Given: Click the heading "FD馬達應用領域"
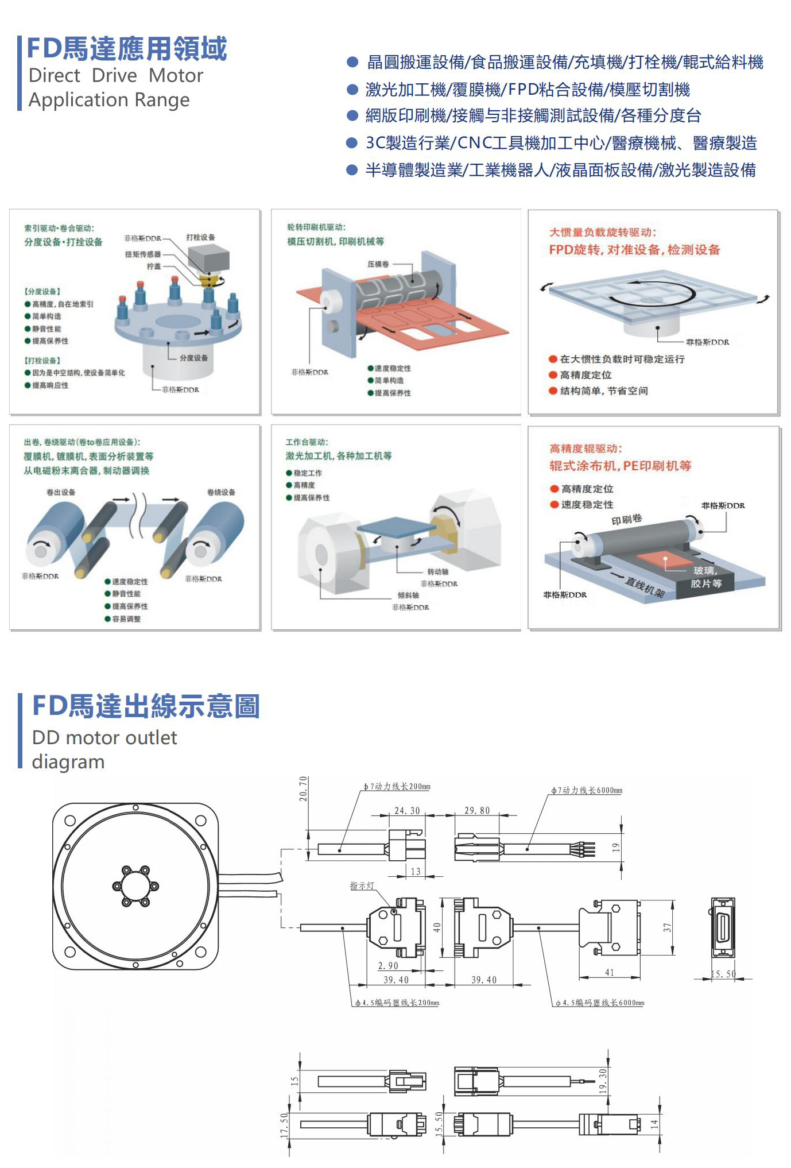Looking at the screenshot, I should click(x=127, y=48).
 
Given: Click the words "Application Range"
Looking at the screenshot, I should click(x=109, y=100).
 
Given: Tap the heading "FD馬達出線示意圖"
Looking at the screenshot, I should click(x=146, y=706).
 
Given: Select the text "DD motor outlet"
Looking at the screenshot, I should click(x=104, y=737).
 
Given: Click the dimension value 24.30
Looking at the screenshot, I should click(x=407, y=810).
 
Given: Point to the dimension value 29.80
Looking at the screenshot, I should click(x=477, y=810).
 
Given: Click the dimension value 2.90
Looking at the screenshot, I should click(x=388, y=965).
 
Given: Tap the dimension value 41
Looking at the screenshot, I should click(x=610, y=972).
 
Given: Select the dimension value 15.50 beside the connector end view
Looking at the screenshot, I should click(x=723, y=974).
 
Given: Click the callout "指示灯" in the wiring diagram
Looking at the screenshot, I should click(x=362, y=886).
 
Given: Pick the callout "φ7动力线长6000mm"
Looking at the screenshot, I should click(x=586, y=790).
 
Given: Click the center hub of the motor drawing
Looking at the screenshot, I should click(x=135, y=885).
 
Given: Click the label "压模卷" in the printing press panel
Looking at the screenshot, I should click(x=378, y=264).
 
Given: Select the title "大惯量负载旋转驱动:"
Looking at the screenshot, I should click(x=603, y=232).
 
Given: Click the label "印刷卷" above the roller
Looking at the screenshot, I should click(x=626, y=519).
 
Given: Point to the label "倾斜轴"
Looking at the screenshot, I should click(x=408, y=595).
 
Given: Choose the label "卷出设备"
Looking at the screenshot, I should click(x=61, y=492).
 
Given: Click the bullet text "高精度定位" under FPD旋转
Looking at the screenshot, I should click(x=586, y=375).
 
